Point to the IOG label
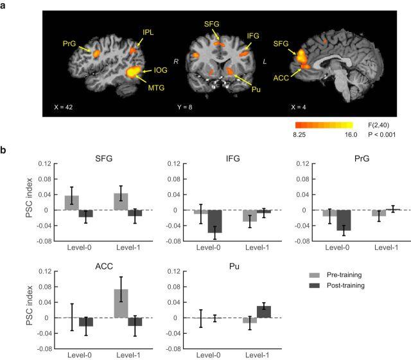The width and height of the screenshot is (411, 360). click(161, 68)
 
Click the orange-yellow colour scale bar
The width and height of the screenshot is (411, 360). click(324, 125)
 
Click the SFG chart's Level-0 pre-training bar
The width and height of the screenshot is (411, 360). click(72, 203)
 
